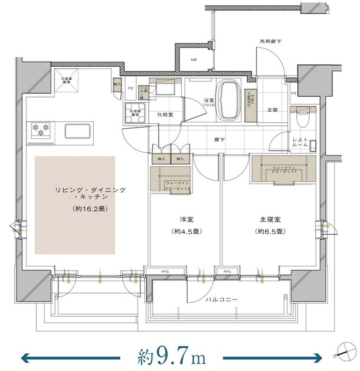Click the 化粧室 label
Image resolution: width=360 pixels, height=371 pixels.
165,116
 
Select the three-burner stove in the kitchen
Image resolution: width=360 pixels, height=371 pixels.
40,130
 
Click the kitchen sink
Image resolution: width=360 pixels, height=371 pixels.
76,131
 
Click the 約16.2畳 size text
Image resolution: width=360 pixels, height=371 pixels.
90,209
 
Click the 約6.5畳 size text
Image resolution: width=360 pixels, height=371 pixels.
269,231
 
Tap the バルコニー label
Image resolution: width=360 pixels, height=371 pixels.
222,300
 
